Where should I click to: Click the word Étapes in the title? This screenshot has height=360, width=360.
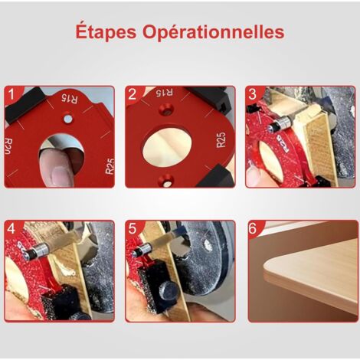(106, 32)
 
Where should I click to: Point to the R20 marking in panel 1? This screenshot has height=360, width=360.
(10, 145)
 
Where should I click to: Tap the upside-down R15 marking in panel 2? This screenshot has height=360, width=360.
(164, 94)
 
